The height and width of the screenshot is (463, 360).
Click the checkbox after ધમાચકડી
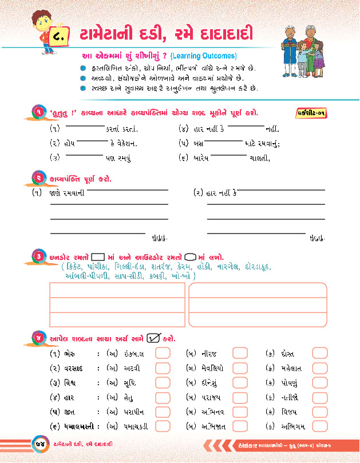click(x=163, y=426)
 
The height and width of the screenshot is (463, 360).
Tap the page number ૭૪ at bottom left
click(x=38, y=444)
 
